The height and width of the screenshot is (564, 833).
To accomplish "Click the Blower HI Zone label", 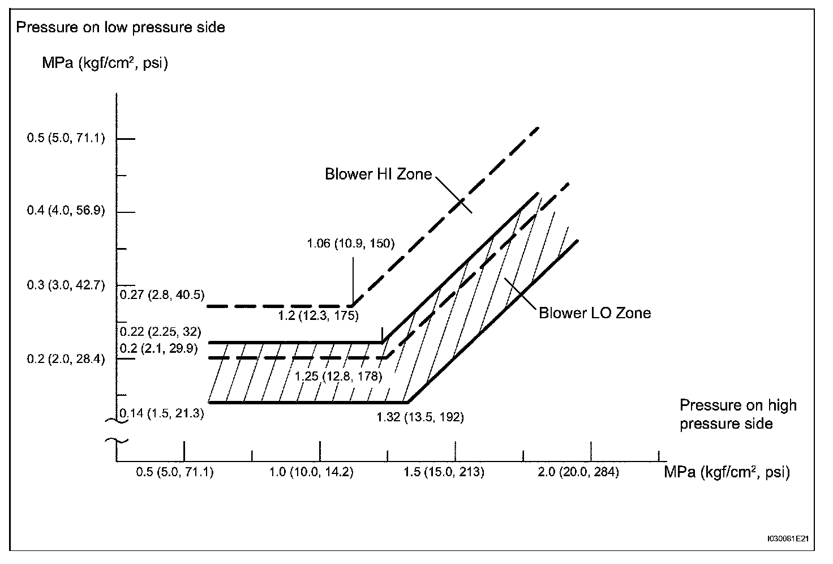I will click(378, 174).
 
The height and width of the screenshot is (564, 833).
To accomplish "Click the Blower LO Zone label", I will click(594, 313).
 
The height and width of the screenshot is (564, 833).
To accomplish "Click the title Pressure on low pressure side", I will click(121, 27).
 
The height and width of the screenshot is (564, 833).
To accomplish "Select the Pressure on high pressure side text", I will click(737, 414).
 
